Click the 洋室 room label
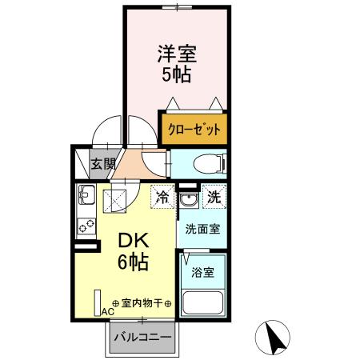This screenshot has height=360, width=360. [x=177, y=55]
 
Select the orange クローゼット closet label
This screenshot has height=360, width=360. [x=193, y=129]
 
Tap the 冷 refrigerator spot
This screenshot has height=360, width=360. [x=162, y=196]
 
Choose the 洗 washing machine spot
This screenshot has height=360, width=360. [x=214, y=196]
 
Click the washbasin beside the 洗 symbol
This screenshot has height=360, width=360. [x=188, y=199]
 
